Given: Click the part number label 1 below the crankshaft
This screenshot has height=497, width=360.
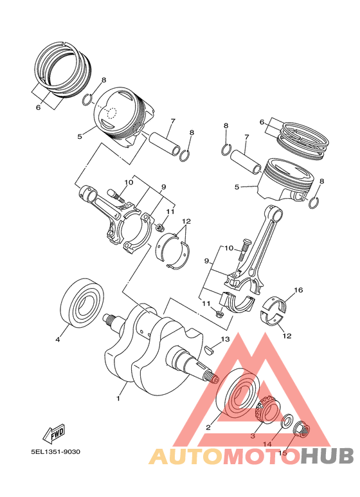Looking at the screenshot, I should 118,399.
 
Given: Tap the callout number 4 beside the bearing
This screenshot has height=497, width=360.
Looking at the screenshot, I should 57,339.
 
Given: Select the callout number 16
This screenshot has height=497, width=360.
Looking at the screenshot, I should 298,291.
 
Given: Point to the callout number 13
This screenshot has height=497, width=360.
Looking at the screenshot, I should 225,339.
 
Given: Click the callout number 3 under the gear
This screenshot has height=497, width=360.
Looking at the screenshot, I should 253,435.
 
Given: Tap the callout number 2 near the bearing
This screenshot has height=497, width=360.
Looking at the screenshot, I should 208,426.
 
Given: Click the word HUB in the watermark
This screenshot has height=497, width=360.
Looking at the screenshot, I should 327,455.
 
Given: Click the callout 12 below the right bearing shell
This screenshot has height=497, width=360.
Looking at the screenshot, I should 286,336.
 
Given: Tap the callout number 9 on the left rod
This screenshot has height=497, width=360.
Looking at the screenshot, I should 163,187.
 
